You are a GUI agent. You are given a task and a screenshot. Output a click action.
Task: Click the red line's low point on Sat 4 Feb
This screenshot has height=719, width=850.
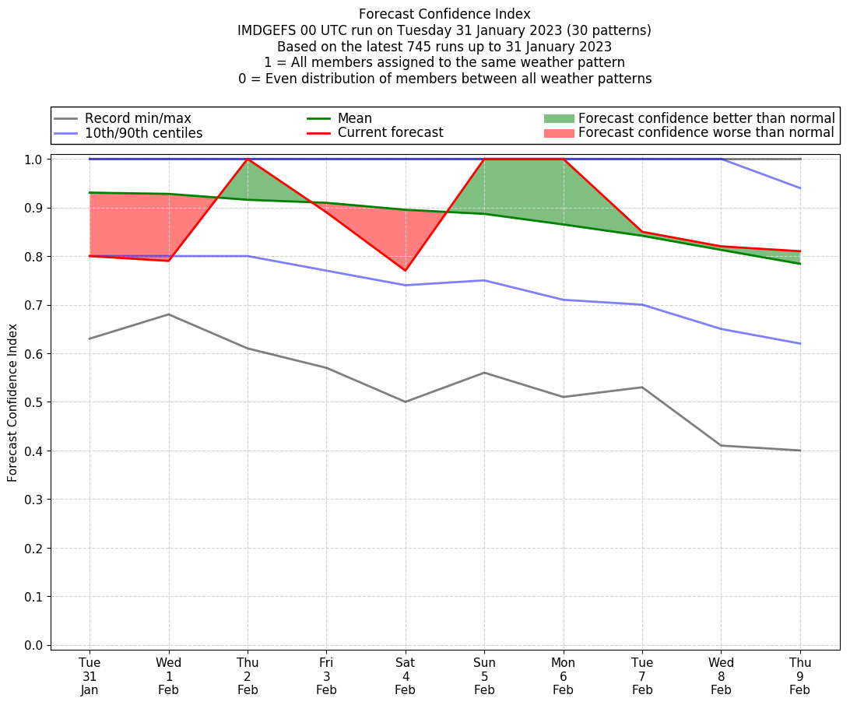pyautogui.click(x=406, y=271)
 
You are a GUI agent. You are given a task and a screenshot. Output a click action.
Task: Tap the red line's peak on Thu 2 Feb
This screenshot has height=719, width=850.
pyautogui.click(x=248, y=159)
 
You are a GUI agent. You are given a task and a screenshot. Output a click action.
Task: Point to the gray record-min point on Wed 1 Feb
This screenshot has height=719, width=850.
pyautogui.click(x=169, y=314)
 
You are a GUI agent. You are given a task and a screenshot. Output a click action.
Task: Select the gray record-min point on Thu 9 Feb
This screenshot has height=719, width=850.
pyautogui.click(x=800, y=451)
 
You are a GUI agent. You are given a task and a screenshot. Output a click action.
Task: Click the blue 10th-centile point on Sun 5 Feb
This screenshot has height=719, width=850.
pyautogui.click(x=484, y=280)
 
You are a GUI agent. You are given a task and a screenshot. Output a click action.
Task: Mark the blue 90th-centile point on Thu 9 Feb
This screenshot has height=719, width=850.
pyautogui.click(x=800, y=188)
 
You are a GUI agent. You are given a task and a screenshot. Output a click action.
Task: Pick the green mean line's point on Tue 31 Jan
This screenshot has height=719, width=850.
pyautogui.click(x=90, y=192)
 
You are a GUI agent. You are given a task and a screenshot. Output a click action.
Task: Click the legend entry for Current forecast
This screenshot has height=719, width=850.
pyautogui.click(x=390, y=133)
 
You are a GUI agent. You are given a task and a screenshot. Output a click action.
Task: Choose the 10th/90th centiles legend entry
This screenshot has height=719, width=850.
pyautogui.click(x=143, y=133)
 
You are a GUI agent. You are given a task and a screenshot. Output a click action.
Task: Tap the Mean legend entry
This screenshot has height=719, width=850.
pyautogui.click(x=354, y=118)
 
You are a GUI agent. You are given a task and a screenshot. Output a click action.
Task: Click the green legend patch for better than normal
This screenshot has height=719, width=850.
pyautogui.click(x=558, y=118)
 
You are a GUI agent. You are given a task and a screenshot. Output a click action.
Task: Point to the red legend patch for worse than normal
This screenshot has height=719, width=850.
pyautogui.click(x=558, y=133)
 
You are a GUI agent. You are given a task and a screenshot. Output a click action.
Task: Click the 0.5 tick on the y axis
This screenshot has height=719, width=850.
pyautogui.click(x=33, y=402)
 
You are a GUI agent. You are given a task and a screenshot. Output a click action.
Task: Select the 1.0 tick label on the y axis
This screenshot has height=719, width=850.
pyautogui.click(x=33, y=160)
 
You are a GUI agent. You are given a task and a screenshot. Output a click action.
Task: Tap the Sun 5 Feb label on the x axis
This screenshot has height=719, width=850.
pyautogui.click(x=484, y=675)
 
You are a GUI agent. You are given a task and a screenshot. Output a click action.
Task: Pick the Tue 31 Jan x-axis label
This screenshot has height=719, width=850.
pyautogui.click(x=90, y=675)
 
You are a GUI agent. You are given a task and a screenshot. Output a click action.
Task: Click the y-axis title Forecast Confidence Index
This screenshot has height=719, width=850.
pyautogui.click(x=12, y=402)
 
